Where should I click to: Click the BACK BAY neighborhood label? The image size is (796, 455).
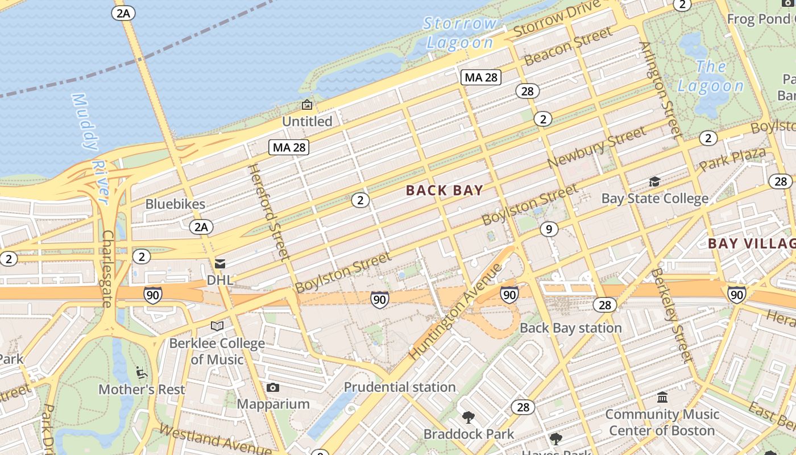[445, 191]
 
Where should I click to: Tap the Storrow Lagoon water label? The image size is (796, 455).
[461, 33]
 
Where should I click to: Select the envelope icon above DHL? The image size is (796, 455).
[219, 264]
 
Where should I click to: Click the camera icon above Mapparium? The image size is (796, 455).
[273, 388]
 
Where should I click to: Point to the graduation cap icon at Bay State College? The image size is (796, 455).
[655, 182]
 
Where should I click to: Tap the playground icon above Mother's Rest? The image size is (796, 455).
[142, 373]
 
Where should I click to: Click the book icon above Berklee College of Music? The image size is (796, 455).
[217, 326]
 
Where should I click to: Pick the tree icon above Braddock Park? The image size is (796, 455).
[469, 417]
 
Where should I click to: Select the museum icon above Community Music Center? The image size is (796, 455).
[662, 397]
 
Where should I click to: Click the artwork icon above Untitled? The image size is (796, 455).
[307, 105]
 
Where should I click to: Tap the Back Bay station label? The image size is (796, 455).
[571, 328]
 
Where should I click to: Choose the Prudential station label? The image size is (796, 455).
[400, 387]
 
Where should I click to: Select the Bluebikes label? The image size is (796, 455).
[175, 204]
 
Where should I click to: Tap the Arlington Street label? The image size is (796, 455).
[660, 90]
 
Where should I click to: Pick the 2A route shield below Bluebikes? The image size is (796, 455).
[201, 227]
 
